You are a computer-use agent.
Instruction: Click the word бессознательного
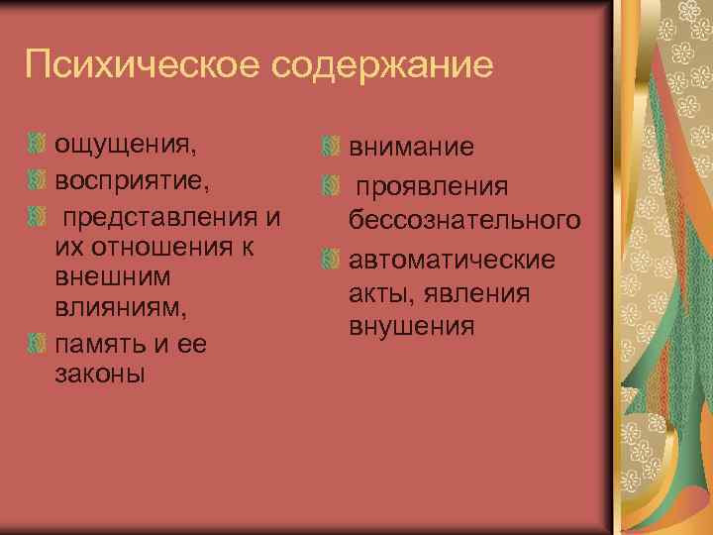click(463, 218)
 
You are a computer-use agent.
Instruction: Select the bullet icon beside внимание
click(331, 150)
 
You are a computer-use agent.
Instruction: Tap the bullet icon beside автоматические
click(331, 260)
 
